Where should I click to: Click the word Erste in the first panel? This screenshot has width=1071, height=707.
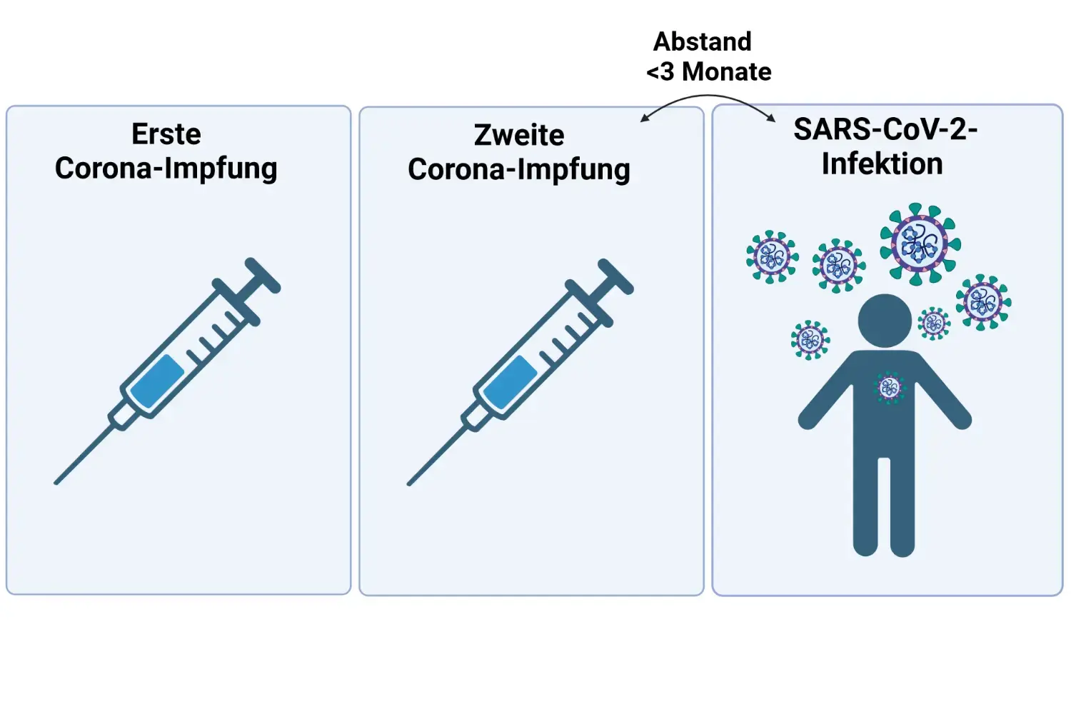(x=166, y=134)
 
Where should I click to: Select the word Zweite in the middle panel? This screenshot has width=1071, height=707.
(x=519, y=135)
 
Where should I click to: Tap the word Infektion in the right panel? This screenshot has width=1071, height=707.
(x=882, y=164)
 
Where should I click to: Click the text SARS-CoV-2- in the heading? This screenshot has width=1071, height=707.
(x=885, y=130)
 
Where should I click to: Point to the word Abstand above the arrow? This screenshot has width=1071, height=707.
(x=703, y=41)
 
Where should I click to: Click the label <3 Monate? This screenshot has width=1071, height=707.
(x=709, y=71)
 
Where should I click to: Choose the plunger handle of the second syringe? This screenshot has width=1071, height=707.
(x=615, y=276)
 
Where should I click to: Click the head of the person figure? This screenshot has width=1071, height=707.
(x=885, y=321)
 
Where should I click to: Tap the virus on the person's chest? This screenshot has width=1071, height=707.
(x=889, y=388)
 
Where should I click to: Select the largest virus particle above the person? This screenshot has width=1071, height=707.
(x=920, y=244)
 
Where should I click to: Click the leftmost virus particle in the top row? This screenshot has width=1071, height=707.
(x=772, y=256)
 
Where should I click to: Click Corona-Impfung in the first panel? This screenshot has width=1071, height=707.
(x=166, y=169)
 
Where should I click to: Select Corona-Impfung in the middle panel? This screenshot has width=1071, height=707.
(x=519, y=170)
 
